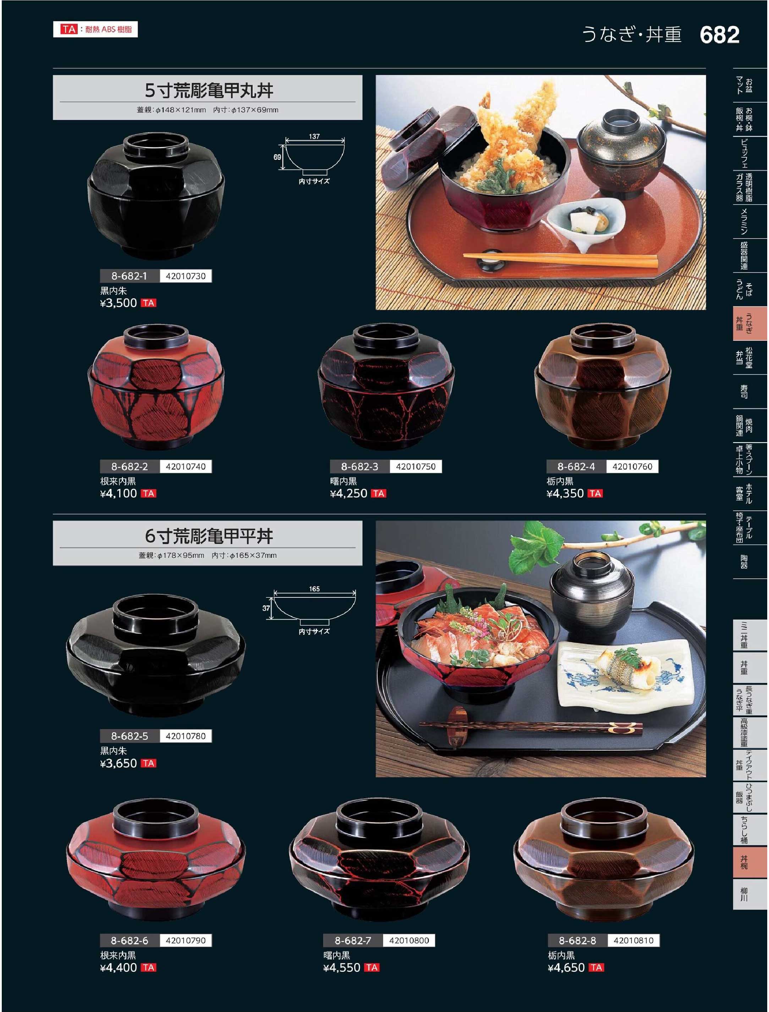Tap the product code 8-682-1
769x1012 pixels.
130,276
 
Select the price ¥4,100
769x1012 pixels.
119,493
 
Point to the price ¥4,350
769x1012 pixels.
565,493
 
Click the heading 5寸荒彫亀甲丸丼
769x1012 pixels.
209,90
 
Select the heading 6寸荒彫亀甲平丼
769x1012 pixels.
209,535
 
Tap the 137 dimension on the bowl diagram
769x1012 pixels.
314,136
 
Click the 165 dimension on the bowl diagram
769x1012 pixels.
314,589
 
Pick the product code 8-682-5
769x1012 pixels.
130,736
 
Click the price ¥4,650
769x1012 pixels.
566,968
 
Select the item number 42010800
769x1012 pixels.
409,941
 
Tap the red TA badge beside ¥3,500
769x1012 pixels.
149,303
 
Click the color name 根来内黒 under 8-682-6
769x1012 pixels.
118,955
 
